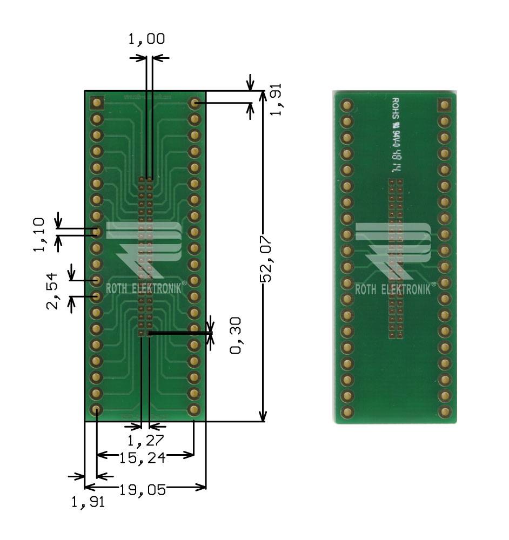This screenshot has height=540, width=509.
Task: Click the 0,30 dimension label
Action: pyautogui.click(x=236, y=335)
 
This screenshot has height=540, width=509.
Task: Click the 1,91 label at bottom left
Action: pyautogui.click(x=88, y=503)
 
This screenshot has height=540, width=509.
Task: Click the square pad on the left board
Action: pyautogui.click(x=97, y=102)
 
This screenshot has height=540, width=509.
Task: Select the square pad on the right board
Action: pyautogui.click(x=445, y=105)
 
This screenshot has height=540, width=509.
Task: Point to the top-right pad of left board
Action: pyautogui.click(x=194, y=102)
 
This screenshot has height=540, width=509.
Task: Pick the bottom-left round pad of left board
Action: pyautogui.click(x=97, y=409)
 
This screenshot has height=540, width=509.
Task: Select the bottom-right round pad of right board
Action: pyautogui.click(x=445, y=412)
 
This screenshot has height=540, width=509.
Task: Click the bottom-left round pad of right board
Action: pyautogui.click(x=346, y=412)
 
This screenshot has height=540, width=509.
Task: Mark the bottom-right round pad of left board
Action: pyautogui.click(x=194, y=409)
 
